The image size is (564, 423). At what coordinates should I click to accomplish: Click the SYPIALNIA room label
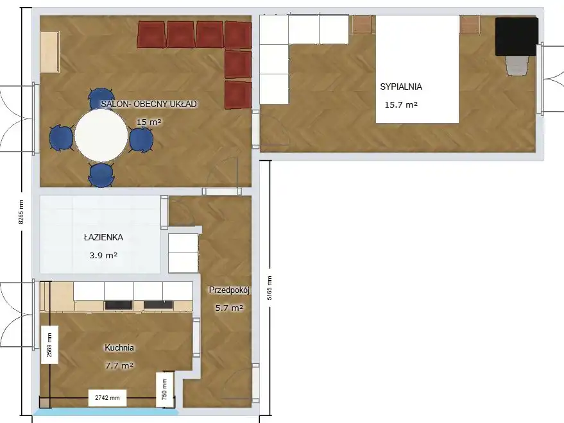401,87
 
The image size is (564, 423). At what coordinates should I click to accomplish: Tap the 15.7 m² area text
401,105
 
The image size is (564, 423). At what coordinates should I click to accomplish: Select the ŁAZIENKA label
103,237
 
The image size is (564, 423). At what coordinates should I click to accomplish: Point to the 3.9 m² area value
103,256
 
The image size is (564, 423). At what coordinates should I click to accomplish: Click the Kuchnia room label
119,347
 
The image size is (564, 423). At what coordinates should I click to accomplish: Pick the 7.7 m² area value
119,366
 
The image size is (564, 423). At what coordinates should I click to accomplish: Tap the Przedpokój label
229,290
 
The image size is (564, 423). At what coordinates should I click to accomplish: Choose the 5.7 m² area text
229,308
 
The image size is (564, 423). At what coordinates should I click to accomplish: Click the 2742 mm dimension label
107,398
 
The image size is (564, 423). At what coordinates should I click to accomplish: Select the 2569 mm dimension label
49,345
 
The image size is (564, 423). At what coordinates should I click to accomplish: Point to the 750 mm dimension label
164,390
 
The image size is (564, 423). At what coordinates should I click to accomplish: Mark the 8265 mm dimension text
21,211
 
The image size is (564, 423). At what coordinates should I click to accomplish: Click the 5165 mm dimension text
269,288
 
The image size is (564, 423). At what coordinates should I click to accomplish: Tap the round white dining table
101,135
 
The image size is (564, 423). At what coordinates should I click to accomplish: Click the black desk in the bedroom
517,37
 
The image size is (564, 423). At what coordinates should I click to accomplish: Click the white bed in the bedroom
417,69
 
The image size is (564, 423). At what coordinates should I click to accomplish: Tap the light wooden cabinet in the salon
49,52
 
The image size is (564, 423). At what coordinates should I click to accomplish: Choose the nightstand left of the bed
362,24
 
